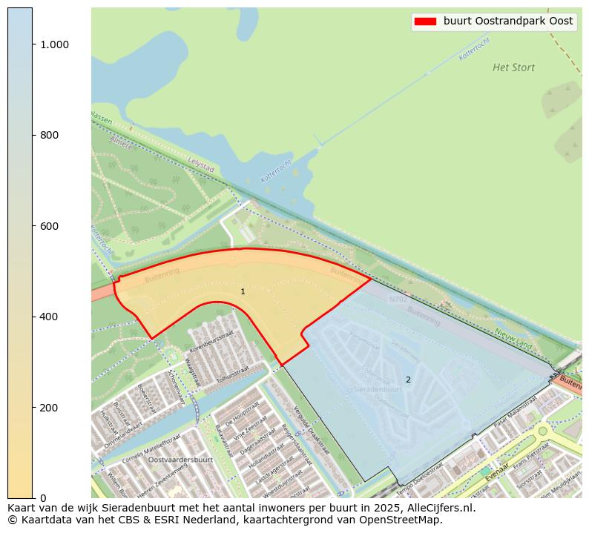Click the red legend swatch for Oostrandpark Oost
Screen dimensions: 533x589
point(425,21)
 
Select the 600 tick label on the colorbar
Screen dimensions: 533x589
point(50,226)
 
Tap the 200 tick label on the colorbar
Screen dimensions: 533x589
point(50,408)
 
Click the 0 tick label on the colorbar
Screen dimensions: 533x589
point(43,498)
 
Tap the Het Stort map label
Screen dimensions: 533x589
point(513,67)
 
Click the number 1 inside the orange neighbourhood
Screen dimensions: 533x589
point(243,292)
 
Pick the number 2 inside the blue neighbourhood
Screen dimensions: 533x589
point(407,380)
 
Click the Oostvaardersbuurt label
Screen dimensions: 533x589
point(180,460)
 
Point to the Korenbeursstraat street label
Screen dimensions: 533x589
point(211,342)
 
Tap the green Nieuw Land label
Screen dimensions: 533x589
point(513,339)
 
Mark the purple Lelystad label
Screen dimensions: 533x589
point(201,164)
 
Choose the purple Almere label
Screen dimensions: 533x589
point(119,142)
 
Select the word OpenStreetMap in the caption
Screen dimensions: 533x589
point(405,520)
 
